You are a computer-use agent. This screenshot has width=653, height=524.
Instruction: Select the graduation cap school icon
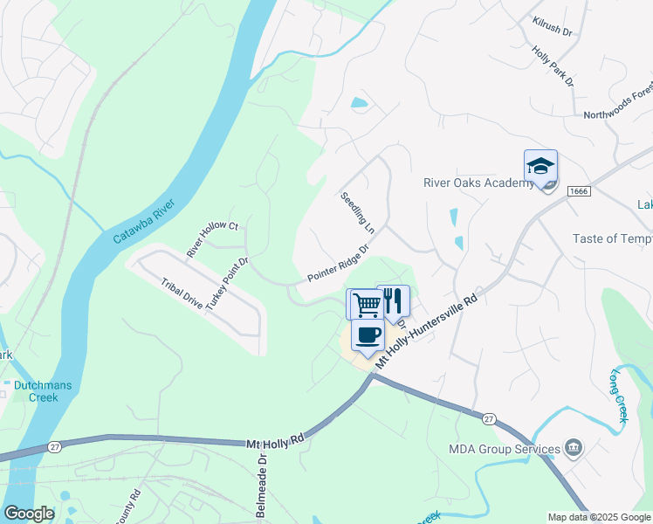[x=540, y=166]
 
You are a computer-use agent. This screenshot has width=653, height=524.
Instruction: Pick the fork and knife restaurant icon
[x=393, y=300]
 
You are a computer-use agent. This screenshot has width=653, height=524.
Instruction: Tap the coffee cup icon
[x=368, y=334]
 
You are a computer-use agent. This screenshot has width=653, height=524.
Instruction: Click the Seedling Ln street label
[x=357, y=214]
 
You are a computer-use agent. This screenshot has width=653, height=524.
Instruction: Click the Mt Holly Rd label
[x=274, y=444]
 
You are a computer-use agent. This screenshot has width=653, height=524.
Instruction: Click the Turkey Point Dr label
[x=227, y=286]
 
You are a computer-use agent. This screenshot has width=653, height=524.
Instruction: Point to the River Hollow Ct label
[x=212, y=239]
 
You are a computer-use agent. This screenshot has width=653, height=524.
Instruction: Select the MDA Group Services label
[x=505, y=450]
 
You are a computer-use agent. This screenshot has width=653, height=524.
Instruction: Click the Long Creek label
[x=620, y=397]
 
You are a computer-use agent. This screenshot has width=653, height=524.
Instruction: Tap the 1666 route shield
[x=578, y=190]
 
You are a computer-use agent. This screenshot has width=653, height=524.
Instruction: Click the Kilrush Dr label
[x=552, y=25]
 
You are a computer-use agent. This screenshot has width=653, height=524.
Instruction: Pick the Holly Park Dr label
[x=553, y=65]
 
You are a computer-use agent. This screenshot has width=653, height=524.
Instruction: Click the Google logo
[x=29, y=514]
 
